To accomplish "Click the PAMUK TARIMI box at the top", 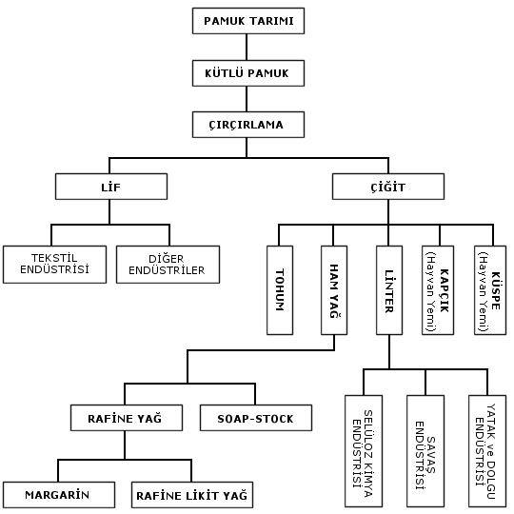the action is pos(248,21).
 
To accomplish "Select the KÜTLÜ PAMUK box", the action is pos(248,73).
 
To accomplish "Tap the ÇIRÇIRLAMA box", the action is pos(248,125).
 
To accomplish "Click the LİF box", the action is pos(111,187).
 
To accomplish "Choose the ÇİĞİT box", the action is pos(388,187).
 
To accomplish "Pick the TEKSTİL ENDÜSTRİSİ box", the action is pos(55,265).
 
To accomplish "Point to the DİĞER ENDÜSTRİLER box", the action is pos(168,265).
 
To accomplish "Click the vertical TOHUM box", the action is pos(280,290).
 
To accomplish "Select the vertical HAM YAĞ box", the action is pos(334,290).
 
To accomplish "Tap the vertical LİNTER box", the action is pos(389,290).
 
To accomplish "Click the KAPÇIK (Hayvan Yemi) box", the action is pos(438,290).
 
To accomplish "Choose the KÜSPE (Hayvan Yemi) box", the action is pos(490,290).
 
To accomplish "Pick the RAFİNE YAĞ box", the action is pos(127,418).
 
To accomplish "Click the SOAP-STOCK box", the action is pos(256,418).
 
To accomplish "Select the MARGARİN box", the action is pos(59,495).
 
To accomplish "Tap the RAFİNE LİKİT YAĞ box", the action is pos(192,495).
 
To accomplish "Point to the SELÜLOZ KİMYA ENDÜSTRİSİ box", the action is pos(364,451).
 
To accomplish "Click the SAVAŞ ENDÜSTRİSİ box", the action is pos(425,451).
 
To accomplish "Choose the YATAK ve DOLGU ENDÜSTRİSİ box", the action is pos(487,451).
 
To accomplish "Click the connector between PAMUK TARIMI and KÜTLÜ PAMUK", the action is pos(247,48).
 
